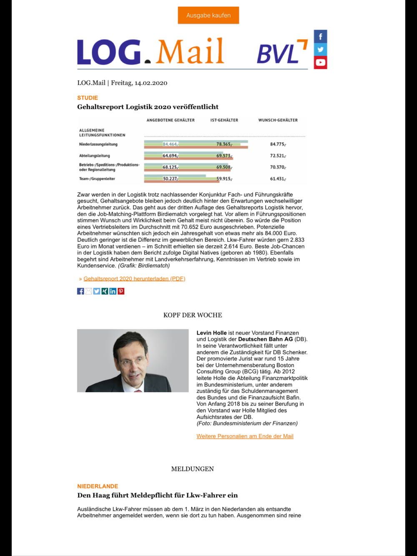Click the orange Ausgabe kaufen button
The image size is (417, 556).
pos(208,15)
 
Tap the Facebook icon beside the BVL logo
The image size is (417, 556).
pos(320,36)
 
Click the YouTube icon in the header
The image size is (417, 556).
pos(320,63)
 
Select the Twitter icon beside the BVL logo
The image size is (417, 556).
pos(320,49)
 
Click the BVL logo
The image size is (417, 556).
pos(281,53)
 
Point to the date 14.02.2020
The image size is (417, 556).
pos(151,83)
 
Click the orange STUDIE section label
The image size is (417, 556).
pos(88,98)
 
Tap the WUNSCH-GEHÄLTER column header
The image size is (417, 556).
pos(278,120)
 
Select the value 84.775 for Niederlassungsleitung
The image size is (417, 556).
pos(278,144)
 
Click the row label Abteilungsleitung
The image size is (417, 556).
pos(95,156)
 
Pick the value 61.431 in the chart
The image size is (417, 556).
pos(278,179)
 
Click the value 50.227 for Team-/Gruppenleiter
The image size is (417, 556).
pos(170,179)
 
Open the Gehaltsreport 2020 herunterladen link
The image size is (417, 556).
pos(134,279)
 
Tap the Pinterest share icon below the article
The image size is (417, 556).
pos(121,291)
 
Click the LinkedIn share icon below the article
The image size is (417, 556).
pos(113,291)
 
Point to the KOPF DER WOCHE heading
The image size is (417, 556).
pos(193,315)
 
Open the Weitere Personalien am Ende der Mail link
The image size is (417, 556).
pos(245,436)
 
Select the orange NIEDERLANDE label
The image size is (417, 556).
pos(98,486)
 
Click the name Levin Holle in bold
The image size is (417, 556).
pos(211,333)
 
